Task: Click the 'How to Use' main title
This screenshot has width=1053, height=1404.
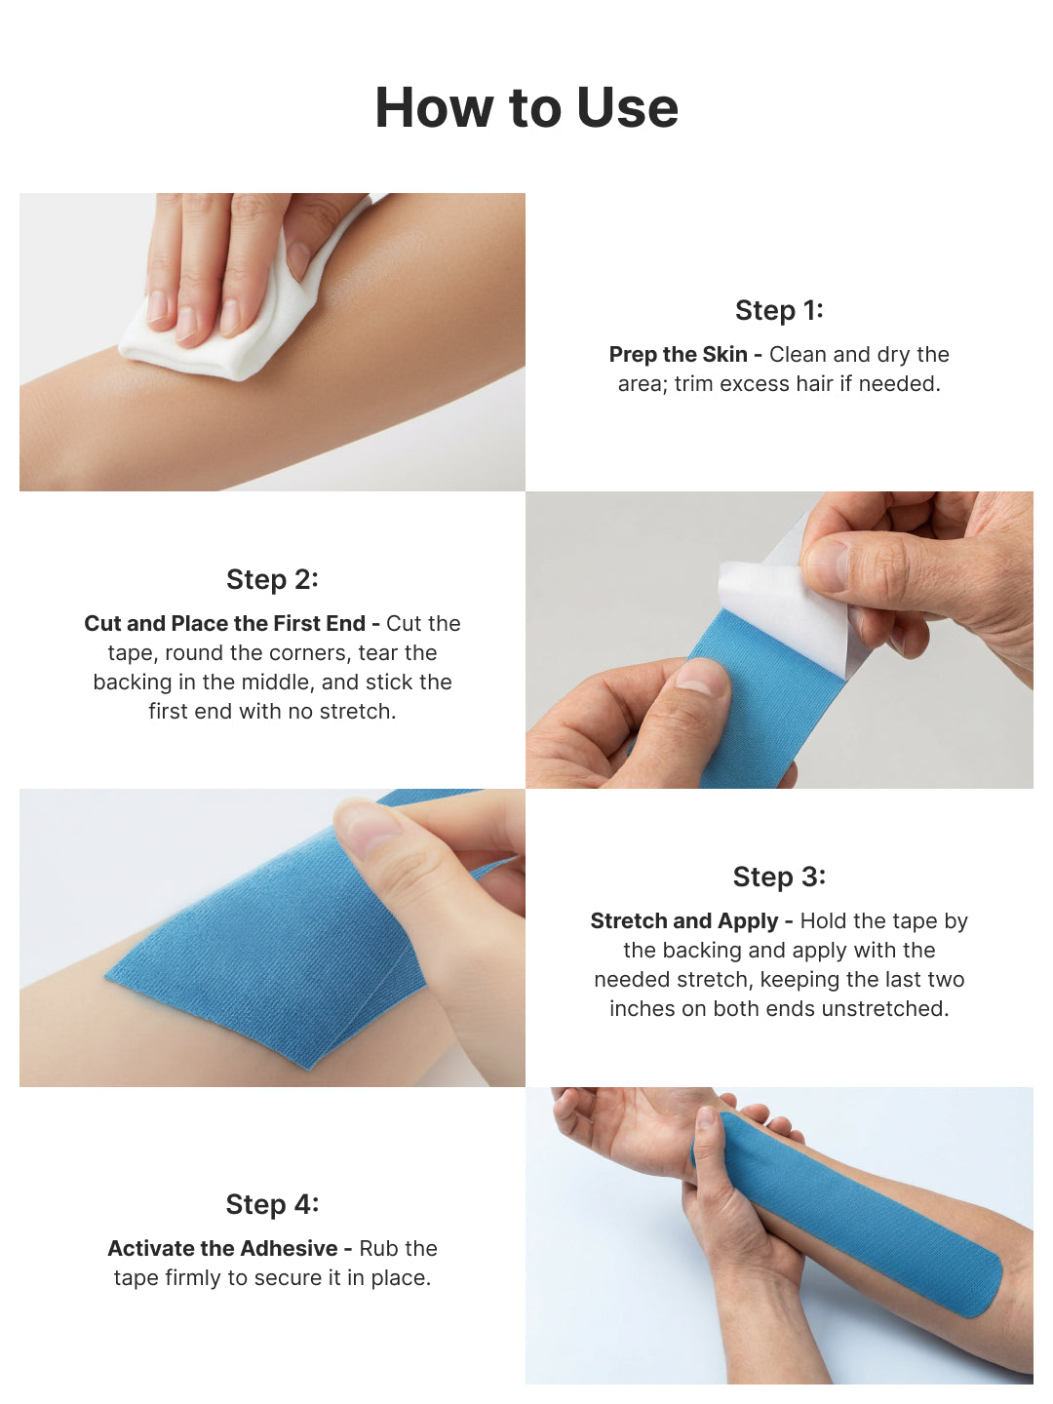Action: pos(526,107)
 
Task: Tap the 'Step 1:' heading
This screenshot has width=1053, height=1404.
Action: pos(779,310)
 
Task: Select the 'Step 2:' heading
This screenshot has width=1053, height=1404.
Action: pos(272,579)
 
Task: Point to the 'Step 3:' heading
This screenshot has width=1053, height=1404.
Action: pos(779,877)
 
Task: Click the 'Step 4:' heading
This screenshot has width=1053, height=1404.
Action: pos(272,1204)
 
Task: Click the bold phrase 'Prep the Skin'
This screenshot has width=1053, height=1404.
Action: pos(678,355)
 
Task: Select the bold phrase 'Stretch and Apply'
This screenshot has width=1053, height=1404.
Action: pos(683,921)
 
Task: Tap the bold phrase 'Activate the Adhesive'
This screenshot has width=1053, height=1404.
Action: pos(222,1249)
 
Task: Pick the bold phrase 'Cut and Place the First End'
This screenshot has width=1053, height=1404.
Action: pos(224,624)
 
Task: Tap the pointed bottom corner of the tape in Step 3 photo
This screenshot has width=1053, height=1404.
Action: pos(310,1066)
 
